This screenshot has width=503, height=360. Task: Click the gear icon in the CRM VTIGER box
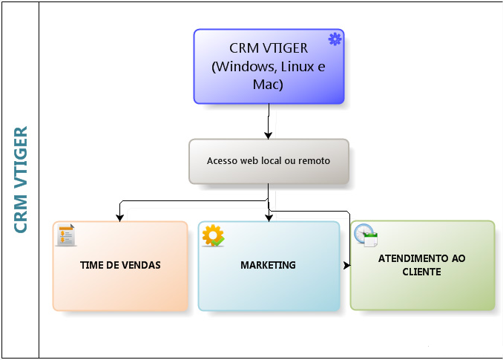(335, 39)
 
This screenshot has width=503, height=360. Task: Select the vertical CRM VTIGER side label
(22, 180)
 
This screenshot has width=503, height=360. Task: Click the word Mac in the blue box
(268, 84)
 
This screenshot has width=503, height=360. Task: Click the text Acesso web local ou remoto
(268, 160)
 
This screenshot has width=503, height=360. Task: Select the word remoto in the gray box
(314, 160)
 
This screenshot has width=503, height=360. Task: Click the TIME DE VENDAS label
(120, 265)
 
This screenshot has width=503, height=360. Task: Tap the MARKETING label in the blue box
(268, 265)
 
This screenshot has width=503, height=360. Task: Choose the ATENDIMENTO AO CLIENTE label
(421, 265)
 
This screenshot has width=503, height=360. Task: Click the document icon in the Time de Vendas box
(67, 235)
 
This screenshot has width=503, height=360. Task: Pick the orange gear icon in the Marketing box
(213, 235)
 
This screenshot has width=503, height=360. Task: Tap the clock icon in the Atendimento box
(365, 235)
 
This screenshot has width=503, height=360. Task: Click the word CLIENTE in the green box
(421, 272)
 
